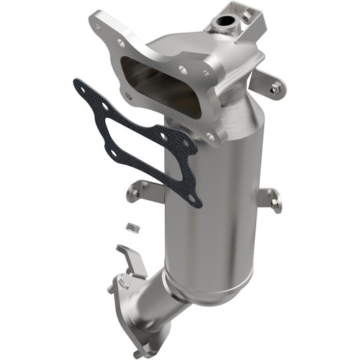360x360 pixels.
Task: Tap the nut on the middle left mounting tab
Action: (x=134, y=192)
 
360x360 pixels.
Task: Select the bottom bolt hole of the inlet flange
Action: (x=210, y=136)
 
